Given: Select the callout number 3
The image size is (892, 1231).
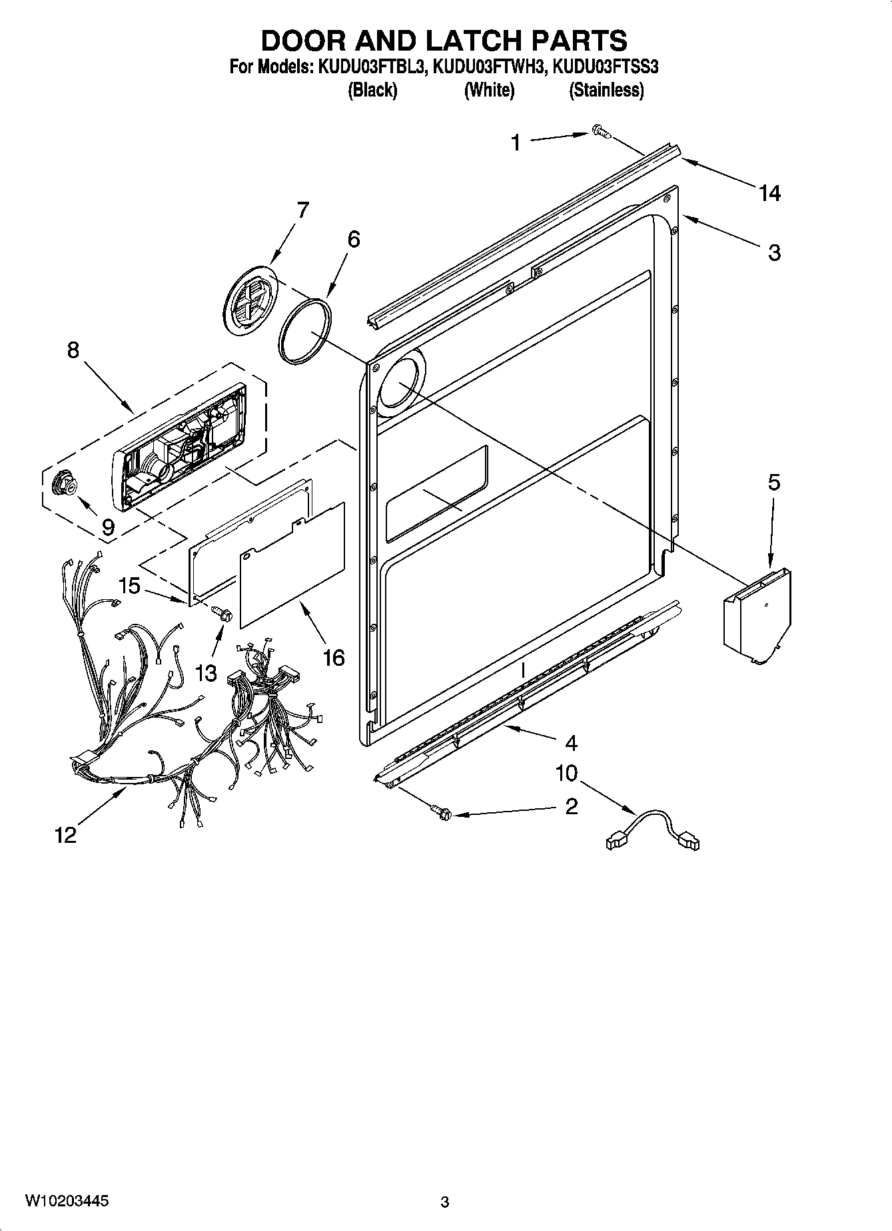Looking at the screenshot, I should [774, 253].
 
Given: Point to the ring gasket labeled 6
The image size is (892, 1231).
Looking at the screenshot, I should [306, 331].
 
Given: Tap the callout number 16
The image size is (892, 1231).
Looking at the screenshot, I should [333, 658].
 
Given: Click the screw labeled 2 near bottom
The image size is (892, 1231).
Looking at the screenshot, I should [441, 812].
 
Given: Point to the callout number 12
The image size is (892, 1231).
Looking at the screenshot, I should [65, 834].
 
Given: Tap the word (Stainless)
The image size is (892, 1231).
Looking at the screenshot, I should [606, 91].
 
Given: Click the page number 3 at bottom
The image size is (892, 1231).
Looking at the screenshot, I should [445, 1202].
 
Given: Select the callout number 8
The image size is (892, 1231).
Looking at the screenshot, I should [73, 350].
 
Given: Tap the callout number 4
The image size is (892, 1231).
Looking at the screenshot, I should [570, 743].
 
